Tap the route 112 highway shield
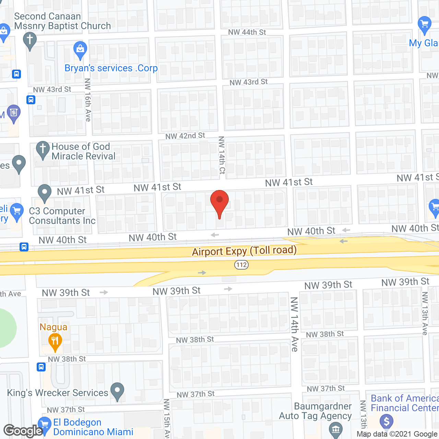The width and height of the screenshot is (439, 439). point(241,264)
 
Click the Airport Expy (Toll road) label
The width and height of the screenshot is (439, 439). point(244,251)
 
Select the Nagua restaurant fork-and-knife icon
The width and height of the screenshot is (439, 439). point(55,342)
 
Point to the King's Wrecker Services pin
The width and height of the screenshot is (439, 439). point(117,391)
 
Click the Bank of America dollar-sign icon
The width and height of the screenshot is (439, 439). point(387,421)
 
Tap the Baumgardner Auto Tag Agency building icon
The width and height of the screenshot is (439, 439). point(335,429)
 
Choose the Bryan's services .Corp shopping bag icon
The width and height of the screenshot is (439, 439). point(80,50)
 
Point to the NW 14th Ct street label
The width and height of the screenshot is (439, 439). point(222,155)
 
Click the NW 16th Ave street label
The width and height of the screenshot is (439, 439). point(88,100)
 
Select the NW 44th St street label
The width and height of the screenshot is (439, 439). point(247,32)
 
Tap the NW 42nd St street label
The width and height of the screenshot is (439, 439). point(185,136)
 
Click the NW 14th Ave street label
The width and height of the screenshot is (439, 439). point(294,324)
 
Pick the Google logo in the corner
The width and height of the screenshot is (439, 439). point(23,431)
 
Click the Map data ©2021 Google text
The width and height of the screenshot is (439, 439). point(397,434)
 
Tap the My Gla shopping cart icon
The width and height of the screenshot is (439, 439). point(425,25)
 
